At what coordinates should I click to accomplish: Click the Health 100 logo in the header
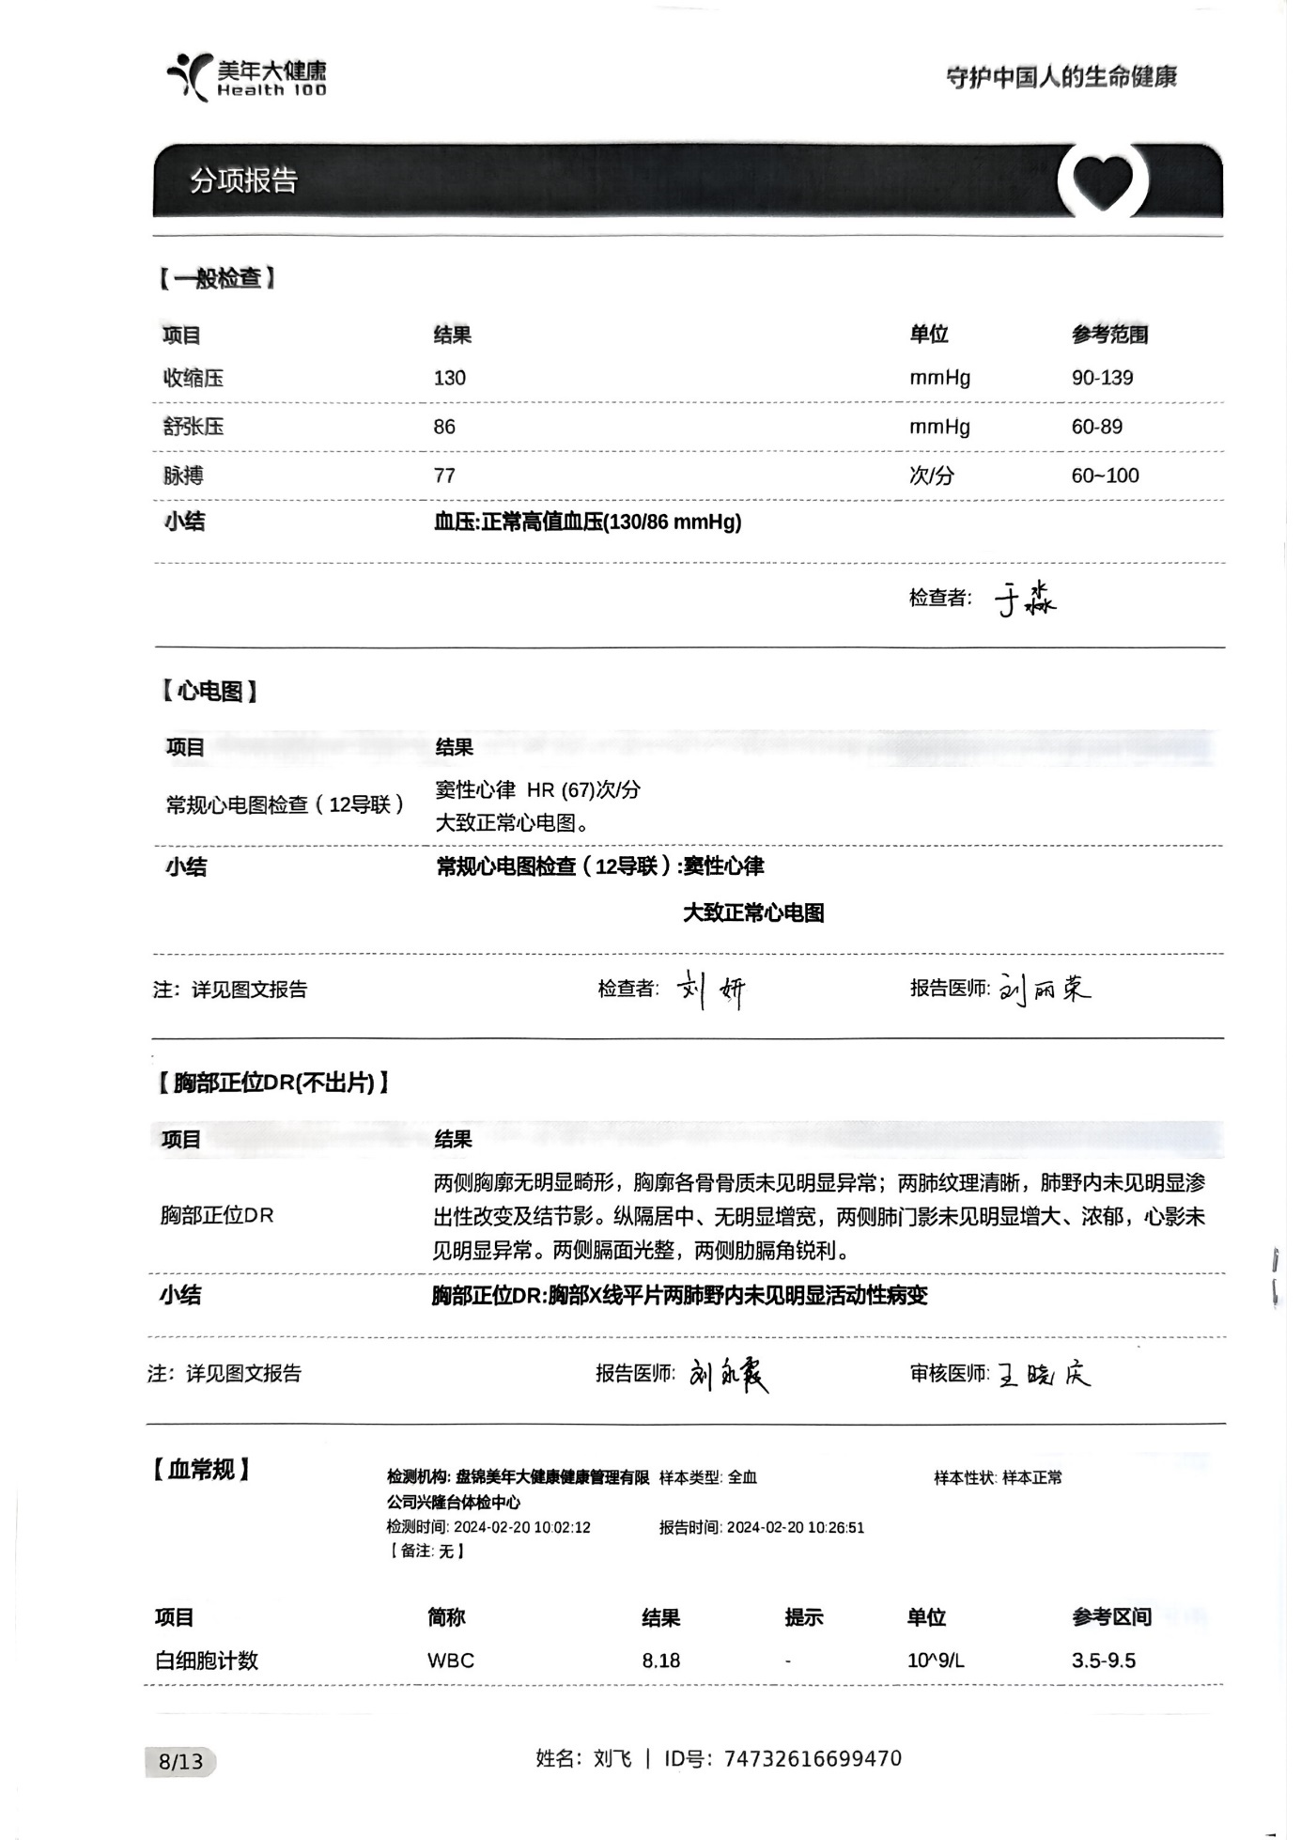[247, 77]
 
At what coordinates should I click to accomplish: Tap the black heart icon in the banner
[1103, 180]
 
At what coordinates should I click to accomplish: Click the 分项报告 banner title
[244, 180]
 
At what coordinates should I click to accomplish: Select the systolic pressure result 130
[450, 378]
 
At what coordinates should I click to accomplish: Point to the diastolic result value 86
[444, 427]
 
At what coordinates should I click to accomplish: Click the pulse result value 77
[444, 476]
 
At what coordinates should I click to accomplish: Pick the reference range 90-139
[1102, 378]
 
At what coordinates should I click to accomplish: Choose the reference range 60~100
[1105, 476]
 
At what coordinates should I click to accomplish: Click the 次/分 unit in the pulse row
[931, 476]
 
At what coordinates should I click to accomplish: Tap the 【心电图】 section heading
[208, 692]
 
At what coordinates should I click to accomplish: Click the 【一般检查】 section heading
[217, 278]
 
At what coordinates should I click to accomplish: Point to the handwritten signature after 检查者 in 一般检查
[1025, 599]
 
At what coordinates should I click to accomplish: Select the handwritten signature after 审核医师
[1044, 1375]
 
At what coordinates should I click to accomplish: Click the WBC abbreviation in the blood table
[451, 1661]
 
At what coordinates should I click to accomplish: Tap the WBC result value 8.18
[661, 1661]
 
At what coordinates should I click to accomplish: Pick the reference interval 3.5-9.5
[1103, 1661]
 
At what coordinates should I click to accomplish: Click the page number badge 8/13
[181, 1761]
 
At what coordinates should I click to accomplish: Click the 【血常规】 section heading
[200, 1469]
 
